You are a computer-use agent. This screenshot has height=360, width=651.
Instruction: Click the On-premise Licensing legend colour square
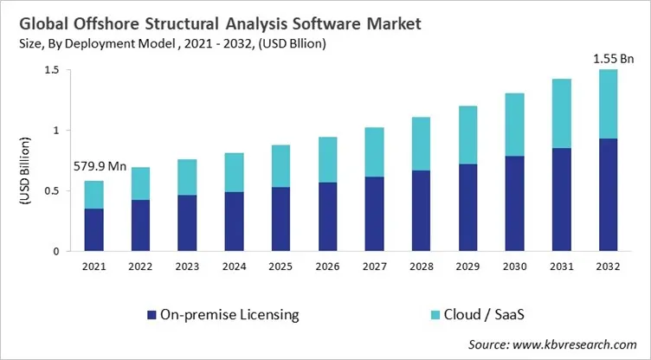tap(151, 315)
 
